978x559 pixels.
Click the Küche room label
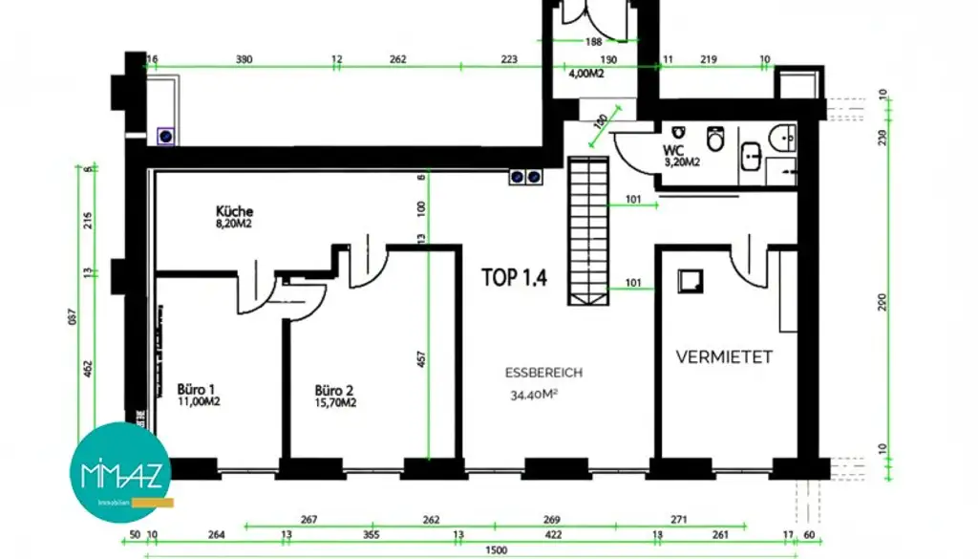(234, 211)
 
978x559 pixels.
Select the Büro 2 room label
(335, 390)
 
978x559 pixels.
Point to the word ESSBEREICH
(543, 374)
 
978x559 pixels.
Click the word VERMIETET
(724, 357)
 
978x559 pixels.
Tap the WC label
(672, 150)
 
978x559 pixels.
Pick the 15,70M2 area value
(335, 402)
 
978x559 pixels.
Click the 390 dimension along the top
(244, 59)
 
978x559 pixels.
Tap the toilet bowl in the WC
(714, 140)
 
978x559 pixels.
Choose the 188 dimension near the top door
(593, 41)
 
